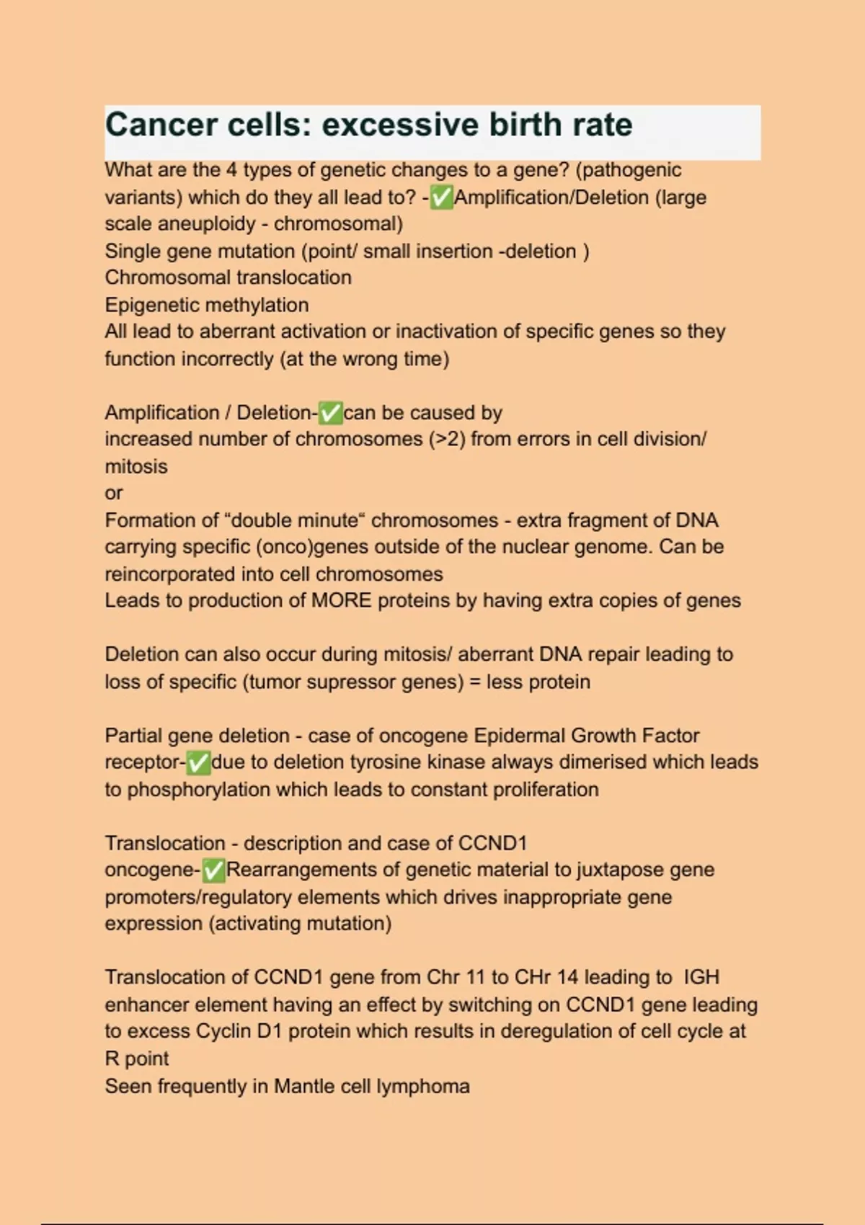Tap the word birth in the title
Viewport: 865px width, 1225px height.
click(x=525, y=125)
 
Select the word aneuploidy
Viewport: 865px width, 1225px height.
click(x=205, y=224)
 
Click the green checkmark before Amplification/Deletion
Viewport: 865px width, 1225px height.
click(x=441, y=197)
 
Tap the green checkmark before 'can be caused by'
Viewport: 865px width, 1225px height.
click(x=330, y=413)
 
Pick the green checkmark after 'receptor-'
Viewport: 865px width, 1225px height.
click(x=198, y=762)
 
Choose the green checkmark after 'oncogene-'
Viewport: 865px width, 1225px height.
click(x=214, y=870)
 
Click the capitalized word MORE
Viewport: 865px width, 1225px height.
click(x=341, y=601)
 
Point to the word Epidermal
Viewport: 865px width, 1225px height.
click(x=519, y=736)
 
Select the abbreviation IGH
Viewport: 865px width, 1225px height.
click(x=701, y=977)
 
